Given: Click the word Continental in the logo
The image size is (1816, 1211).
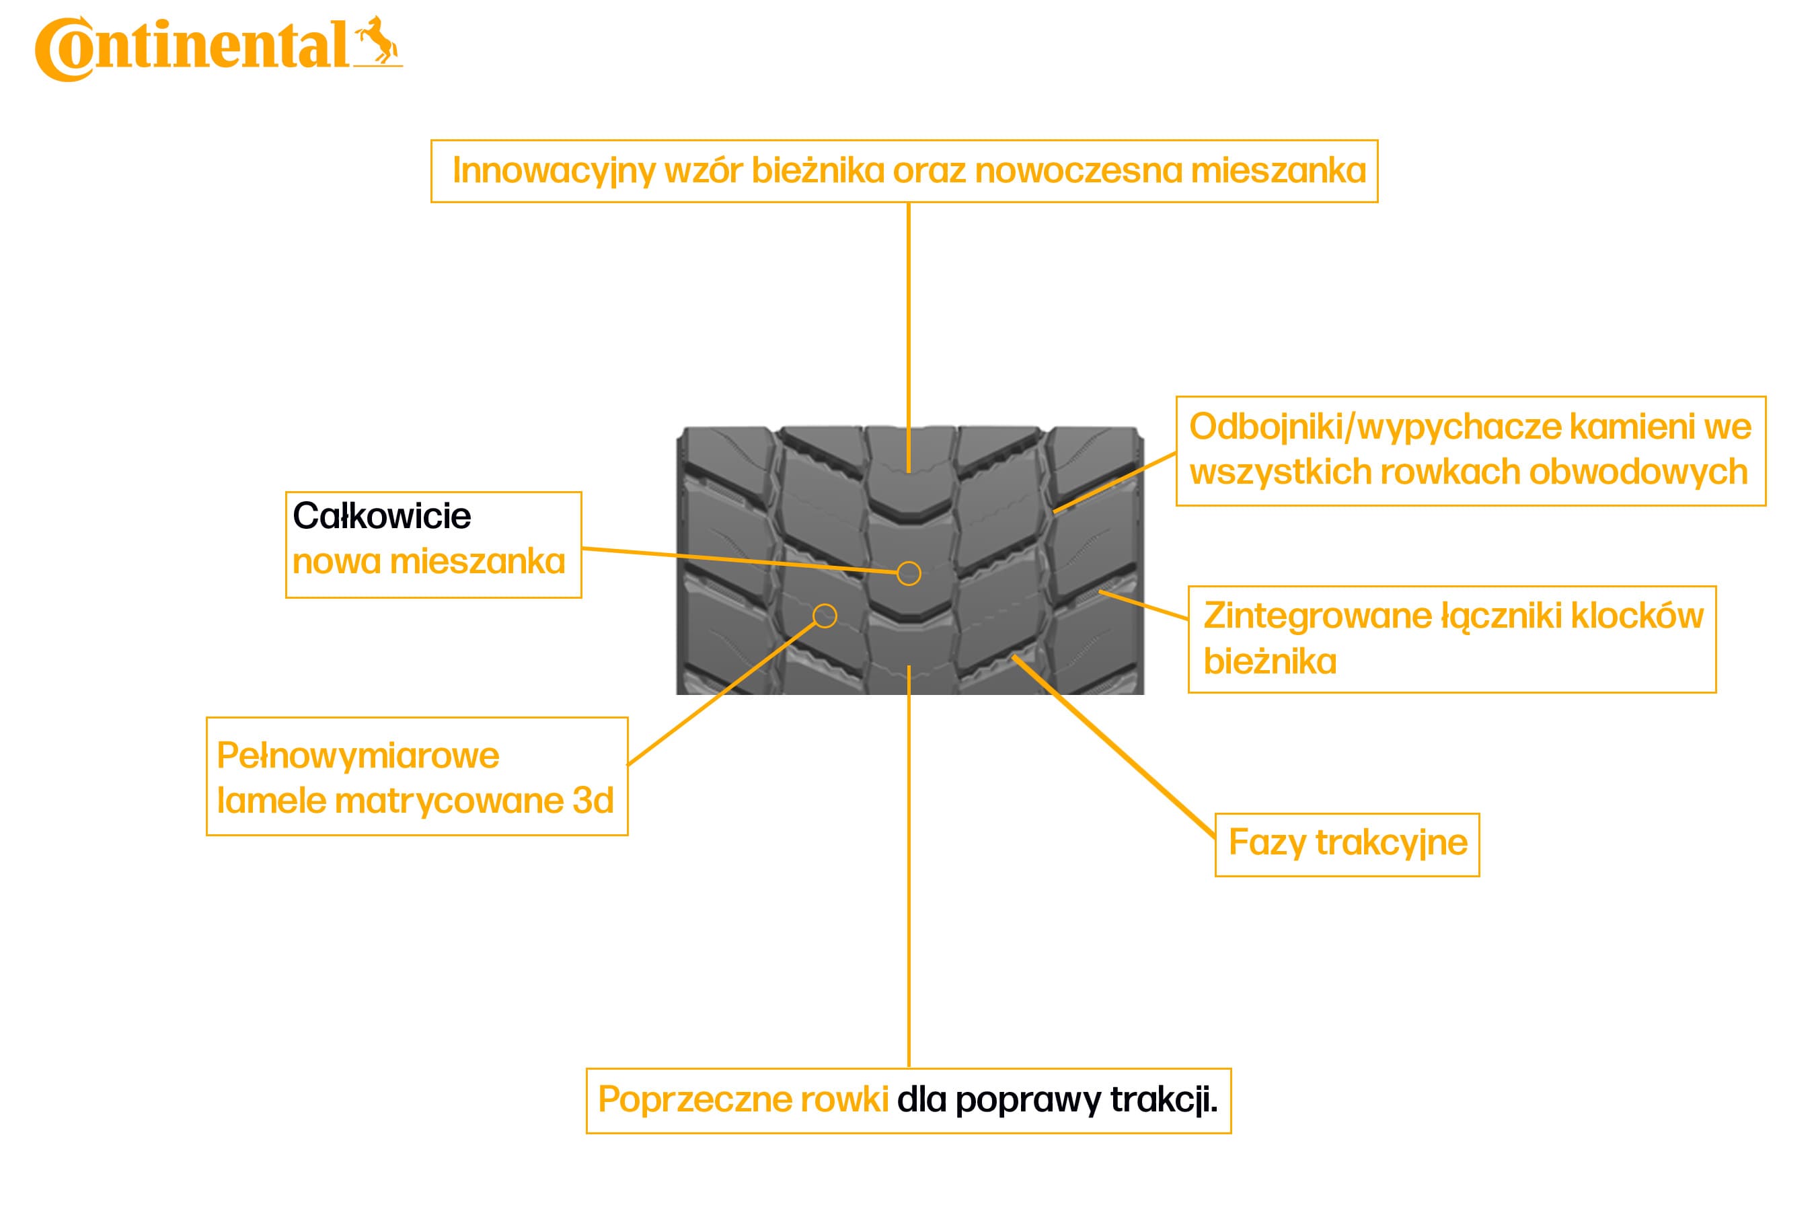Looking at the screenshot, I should [x=193, y=48].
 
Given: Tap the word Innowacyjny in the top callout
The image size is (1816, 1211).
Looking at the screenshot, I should [x=554, y=171].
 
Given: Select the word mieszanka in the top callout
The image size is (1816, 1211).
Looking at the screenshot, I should [x=1278, y=171].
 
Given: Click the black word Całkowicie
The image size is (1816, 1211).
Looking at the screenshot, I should [x=381, y=516].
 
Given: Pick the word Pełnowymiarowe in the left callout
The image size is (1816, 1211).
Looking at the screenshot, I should [x=358, y=756].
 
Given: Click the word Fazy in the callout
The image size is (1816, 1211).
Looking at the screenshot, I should [x=1266, y=842].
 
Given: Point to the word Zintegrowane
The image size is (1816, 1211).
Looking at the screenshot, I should [x=1317, y=616].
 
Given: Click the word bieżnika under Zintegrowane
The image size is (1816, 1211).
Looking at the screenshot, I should [x=1269, y=662].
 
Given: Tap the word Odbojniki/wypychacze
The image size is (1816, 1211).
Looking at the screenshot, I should [x=1374, y=427].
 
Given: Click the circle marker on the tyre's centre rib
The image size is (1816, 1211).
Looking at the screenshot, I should [x=909, y=573].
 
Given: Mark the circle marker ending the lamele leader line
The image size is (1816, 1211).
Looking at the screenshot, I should [x=825, y=616].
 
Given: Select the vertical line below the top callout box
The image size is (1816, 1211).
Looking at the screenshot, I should [x=909, y=332].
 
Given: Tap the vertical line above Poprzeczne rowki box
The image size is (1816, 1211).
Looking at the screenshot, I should [x=909, y=865].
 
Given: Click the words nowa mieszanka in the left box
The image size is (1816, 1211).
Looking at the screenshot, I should [x=428, y=562].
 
